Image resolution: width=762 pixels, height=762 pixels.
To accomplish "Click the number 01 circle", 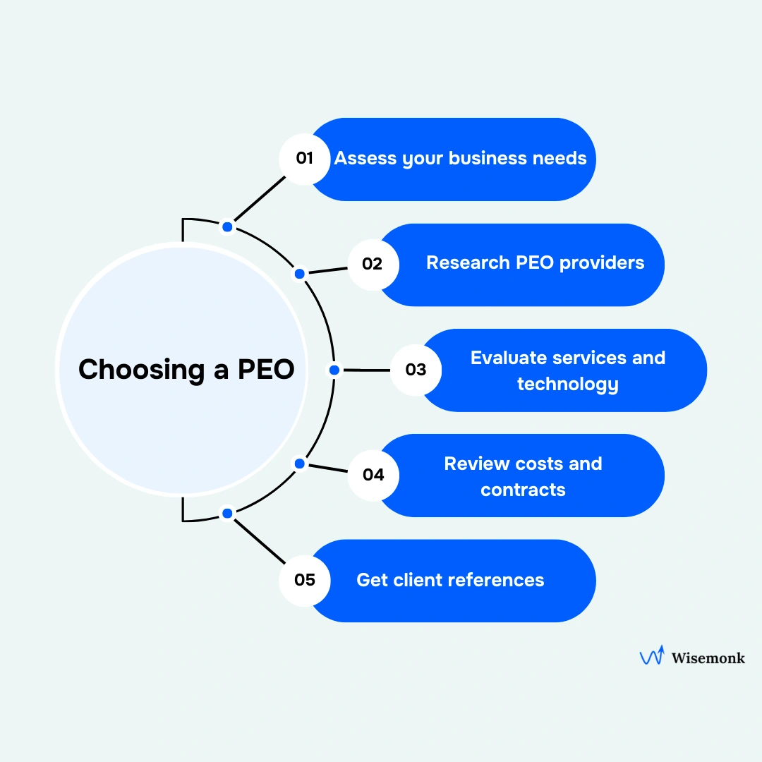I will [304, 159].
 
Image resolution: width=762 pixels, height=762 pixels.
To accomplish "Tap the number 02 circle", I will [373, 265].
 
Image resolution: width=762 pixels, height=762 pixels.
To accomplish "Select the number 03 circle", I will [416, 370].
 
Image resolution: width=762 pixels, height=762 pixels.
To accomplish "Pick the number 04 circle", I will [373, 475].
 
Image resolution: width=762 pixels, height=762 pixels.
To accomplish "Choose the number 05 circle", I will [305, 581].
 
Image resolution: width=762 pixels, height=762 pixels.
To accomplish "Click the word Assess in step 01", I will [365, 158].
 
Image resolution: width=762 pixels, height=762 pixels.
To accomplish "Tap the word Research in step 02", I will [468, 263].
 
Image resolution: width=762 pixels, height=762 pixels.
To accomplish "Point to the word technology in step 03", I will [568, 384].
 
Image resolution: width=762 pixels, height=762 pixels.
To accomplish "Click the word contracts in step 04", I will [523, 490].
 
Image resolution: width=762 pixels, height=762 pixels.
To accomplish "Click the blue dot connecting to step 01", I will [227, 226].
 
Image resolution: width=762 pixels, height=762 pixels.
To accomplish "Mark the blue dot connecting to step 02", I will [299, 274].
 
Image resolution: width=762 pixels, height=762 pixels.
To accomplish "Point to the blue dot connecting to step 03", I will [334, 370].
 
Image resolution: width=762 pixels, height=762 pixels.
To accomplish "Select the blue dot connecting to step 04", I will [299, 464].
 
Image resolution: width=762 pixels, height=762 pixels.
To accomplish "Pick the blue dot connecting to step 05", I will [227, 514].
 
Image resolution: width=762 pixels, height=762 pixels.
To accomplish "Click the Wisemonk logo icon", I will [651, 656].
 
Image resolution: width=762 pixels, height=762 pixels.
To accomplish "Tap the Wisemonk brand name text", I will [708, 658].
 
